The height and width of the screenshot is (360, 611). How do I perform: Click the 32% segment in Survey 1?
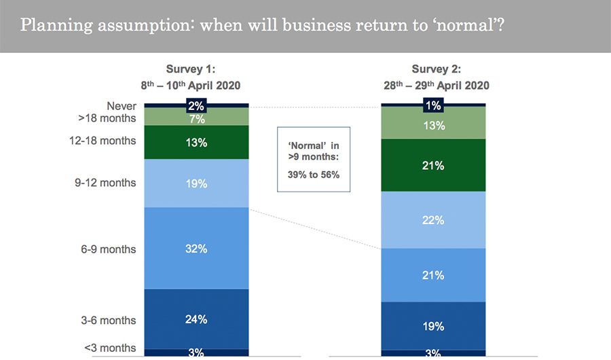(x=196, y=249)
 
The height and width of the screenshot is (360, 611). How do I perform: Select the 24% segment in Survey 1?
(x=196, y=319)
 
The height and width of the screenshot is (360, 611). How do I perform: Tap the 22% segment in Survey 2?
(x=433, y=220)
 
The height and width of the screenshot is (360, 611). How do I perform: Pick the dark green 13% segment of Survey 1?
(x=196, y=143)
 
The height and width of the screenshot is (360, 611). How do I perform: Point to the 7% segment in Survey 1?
(x=196, y=119)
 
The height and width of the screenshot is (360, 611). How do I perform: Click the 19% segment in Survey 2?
(x=433, y=326)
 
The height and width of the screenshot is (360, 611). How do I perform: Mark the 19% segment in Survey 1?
(x=196, y=183)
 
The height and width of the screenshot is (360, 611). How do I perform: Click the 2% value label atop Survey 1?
(x=196, y=105)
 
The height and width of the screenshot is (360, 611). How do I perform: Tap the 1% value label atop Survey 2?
(x=433, y=105)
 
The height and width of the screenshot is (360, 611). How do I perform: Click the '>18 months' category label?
(x=107, y=118)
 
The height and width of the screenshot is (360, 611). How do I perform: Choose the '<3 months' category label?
(x=110, y=348)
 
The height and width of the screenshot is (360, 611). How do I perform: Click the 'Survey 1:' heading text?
(x=191, y=69)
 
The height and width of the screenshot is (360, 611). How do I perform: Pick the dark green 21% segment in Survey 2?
(x=433, y=165)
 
